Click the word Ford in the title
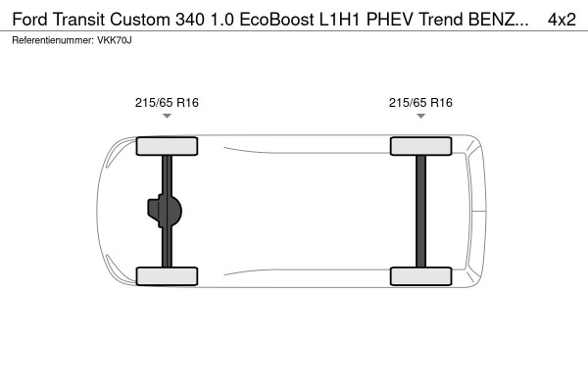point(31,20)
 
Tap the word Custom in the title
point(145,20)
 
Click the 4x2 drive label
point(563,20)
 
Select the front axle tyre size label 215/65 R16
point(167,102)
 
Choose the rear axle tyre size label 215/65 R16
point(420,102)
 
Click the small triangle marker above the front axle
point(167,117)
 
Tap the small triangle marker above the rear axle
point(420,117)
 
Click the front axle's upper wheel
point(167,147)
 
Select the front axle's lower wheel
point(167,276)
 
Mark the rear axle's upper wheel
point(420,147)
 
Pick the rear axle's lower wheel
point(420,276)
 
